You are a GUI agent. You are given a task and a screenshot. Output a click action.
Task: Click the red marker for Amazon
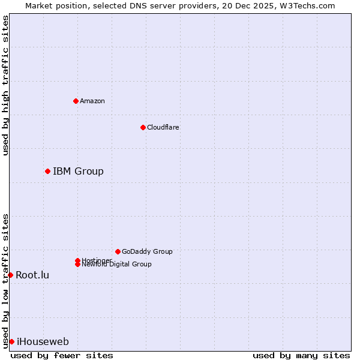coord(76,101)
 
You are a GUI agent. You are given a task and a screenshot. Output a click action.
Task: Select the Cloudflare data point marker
coord(143,127)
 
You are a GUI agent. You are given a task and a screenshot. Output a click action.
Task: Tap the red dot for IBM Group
coord(47,172)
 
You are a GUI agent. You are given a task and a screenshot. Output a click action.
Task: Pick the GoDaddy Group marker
coord(118,251)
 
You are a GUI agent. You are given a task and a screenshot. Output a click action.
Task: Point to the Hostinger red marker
coord(77,260)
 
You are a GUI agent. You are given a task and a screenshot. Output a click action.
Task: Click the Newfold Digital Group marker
coord(77,264)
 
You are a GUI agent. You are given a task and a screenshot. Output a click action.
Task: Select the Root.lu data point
coord(10,275)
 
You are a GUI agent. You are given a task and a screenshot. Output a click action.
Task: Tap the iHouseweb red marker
coord(11,341)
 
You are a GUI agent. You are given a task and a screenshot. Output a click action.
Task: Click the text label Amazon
coord(92,101)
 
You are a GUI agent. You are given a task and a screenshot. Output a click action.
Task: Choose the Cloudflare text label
coord(163,127)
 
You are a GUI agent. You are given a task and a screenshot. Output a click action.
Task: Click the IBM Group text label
coord(78,172)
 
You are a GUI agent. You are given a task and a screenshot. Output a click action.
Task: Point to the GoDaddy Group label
coord(147,251)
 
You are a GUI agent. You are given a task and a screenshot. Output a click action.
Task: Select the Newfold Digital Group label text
coord(116,265)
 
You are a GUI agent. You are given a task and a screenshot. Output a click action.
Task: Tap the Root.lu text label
coord(32,275)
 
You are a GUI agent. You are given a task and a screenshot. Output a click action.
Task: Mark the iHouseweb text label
coord(43,342)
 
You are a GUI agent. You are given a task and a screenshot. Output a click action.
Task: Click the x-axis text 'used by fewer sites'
coord(62,355)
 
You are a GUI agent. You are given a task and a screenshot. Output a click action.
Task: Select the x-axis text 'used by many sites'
coord(301,355)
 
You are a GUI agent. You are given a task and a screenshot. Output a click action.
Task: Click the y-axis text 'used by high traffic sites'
coord(5,85)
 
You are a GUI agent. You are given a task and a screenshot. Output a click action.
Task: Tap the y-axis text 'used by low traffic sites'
coord(5,280)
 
